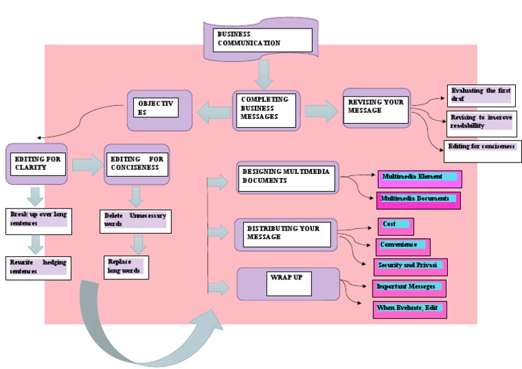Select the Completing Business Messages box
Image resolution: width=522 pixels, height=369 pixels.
point(265,111)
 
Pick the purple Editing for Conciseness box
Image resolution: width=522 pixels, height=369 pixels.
point(136,164)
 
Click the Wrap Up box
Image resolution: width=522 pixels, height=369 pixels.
point(288,283)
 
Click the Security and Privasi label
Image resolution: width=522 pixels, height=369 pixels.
point(411,266)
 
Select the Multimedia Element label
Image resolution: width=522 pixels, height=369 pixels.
point(419,179)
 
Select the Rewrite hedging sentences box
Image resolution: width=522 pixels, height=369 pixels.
point(38,267)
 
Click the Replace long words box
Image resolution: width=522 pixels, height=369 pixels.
point(126,267)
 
